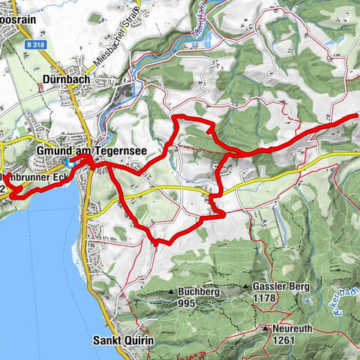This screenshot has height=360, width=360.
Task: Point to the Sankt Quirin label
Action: click(123, 340)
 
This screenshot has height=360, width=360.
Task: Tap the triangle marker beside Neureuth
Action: click(265, 328)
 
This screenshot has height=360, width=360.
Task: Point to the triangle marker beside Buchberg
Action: click(172, 292)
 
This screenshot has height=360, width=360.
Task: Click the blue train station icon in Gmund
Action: click(69, 163)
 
